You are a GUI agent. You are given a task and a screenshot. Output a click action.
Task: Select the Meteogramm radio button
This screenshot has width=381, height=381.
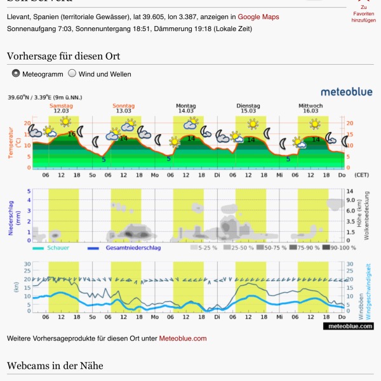tap(16, 74)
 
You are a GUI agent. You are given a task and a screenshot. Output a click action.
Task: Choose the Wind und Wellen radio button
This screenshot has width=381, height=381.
tap(72, 74)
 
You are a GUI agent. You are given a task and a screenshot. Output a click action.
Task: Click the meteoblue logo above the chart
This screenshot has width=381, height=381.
tap(346, 92)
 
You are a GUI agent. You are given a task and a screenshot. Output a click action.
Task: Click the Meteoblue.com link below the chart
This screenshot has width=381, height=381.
tap(182, 338)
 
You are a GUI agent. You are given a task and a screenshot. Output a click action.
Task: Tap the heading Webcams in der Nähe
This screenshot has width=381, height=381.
tap(55, 366)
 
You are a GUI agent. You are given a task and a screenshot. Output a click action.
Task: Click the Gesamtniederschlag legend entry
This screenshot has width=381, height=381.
tap(124, 248)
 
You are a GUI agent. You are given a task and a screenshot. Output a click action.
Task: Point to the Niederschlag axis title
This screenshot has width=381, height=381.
tap(11, 216)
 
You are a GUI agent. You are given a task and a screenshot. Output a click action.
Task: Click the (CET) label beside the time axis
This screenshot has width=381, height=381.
tap(361, 175)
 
